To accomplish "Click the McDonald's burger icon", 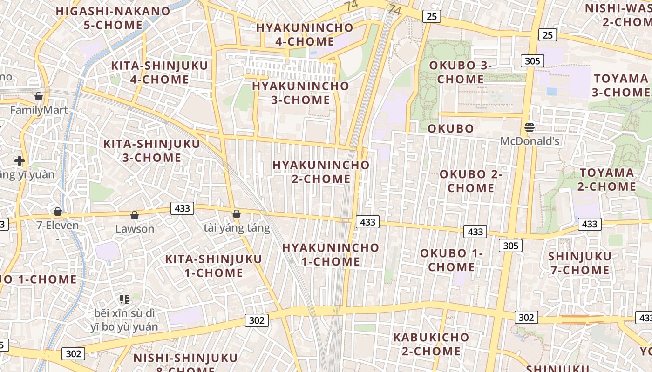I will pos(529,127).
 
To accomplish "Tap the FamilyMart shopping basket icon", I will pos(39,96).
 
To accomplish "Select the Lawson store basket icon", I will pos(135,215).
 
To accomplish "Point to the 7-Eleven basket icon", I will pos(58,212).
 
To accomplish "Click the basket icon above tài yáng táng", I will pos(237,214).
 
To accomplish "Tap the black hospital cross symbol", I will pos(20,161).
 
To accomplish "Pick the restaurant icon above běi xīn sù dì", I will pos(124,299).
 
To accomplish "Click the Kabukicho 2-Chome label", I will pos(431,344).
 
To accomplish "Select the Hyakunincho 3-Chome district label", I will pos(300,93).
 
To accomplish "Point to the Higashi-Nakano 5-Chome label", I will pos(113,18).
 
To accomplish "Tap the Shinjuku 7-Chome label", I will pos(579,263).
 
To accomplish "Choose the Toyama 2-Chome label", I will pos(607,179).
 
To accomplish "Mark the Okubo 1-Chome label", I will pos(451,260).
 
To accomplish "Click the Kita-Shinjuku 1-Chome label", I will pos(214,266).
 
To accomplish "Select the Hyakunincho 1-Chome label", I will pos(331,254).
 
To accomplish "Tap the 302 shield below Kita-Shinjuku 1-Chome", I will pos(257,320).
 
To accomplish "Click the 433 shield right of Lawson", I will pos(182,208).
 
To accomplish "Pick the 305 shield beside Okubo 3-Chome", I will pos(532,60).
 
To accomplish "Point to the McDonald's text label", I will pos(530,141).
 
